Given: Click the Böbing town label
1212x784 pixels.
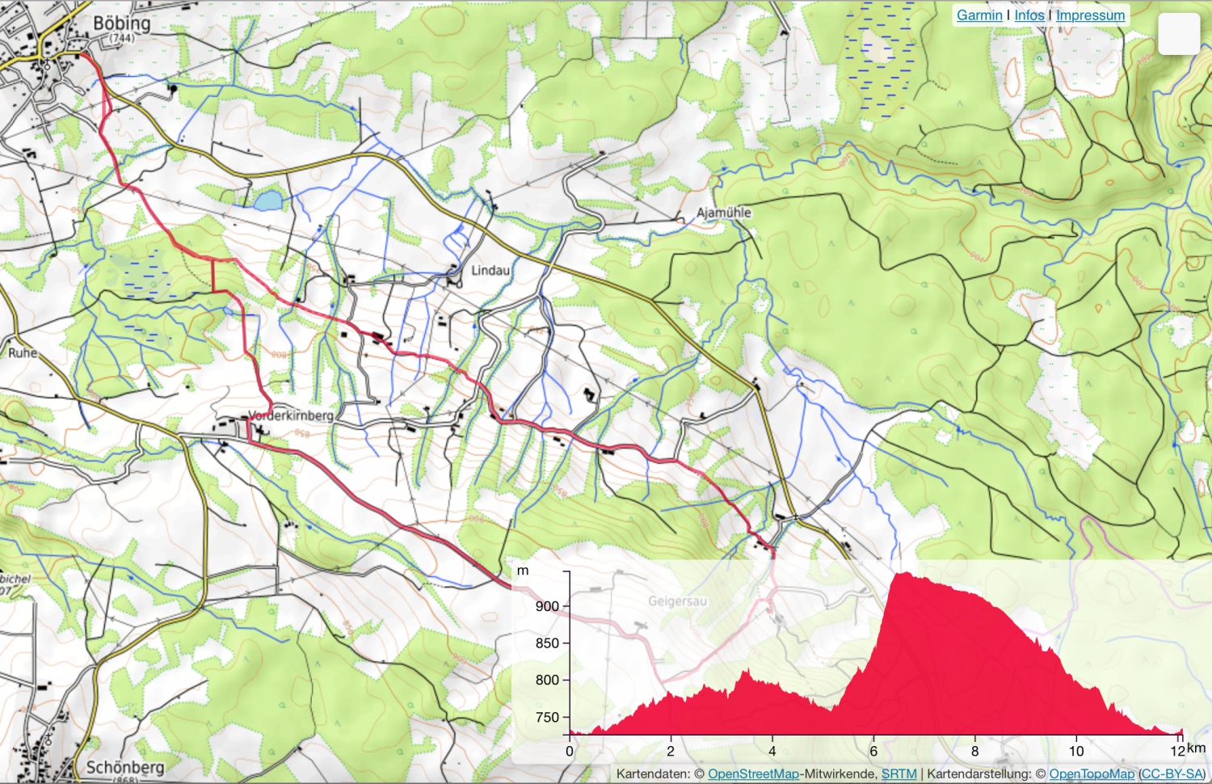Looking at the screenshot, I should [x=121, y=23].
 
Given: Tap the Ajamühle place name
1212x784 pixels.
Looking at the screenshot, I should [x=723, y=213].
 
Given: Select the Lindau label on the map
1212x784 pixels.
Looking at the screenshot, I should [x=490, y=270].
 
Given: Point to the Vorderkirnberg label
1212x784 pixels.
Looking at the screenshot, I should [x=291, y=415].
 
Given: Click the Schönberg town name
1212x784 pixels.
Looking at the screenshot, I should [x=124, y=767].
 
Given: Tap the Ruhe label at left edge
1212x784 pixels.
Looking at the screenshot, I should [x=23, y=353].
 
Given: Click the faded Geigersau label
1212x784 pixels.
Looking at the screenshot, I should [x=677, y=601].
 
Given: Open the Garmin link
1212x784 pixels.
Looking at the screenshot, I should [x=979, y=15].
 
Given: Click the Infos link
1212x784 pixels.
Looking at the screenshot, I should [x=1029, y=15].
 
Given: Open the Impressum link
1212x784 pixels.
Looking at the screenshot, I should [x=1090, y=15].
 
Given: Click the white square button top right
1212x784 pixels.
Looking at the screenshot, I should [x=1179, y=34].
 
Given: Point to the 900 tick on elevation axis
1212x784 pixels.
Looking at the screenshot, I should [x=547, y=606].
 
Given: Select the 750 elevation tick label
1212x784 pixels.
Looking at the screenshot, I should [x=547, y=717].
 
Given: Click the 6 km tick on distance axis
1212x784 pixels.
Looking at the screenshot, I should [x=873, y=751].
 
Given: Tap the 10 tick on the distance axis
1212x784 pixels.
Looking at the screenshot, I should [x=1076, y=751].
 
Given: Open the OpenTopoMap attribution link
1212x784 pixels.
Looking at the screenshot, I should [x=1092, y=773].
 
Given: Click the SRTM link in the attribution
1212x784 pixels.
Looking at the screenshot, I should [x=898, y=773].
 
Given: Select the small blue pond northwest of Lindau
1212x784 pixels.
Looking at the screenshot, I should [x=268, y=199].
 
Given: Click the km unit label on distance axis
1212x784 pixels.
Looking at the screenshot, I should [x=1196, y=748].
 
